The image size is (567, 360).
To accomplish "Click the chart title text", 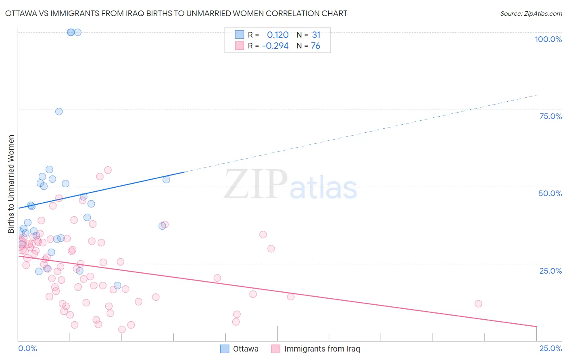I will tap(176, 13).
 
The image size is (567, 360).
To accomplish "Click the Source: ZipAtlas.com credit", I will tap(531, 13).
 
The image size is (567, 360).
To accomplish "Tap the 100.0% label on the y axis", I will tap(548, 39).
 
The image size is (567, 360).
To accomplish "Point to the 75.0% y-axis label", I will tap(550, 116).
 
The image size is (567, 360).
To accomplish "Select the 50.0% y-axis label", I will tap(550, 193).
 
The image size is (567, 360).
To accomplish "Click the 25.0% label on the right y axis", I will tap(550, 270).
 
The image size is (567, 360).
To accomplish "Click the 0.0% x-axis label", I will tap(27, 348).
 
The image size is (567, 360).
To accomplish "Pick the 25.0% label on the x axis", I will tap(550, 348).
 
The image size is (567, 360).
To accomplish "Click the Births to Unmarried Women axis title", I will tap(11, 184).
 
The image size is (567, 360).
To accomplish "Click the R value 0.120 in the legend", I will tap(278, 35).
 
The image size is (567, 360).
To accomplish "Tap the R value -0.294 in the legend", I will tap(275, 46).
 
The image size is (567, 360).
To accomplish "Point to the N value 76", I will tap(315, 46).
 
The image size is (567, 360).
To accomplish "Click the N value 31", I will tap(316, 35).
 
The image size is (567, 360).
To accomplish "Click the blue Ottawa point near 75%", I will tap(59, 111).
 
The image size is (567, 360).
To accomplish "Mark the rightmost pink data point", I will tap(478, 303).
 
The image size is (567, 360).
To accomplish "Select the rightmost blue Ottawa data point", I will tap(166, 180).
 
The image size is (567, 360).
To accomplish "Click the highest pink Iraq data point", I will tap(108, 170).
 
